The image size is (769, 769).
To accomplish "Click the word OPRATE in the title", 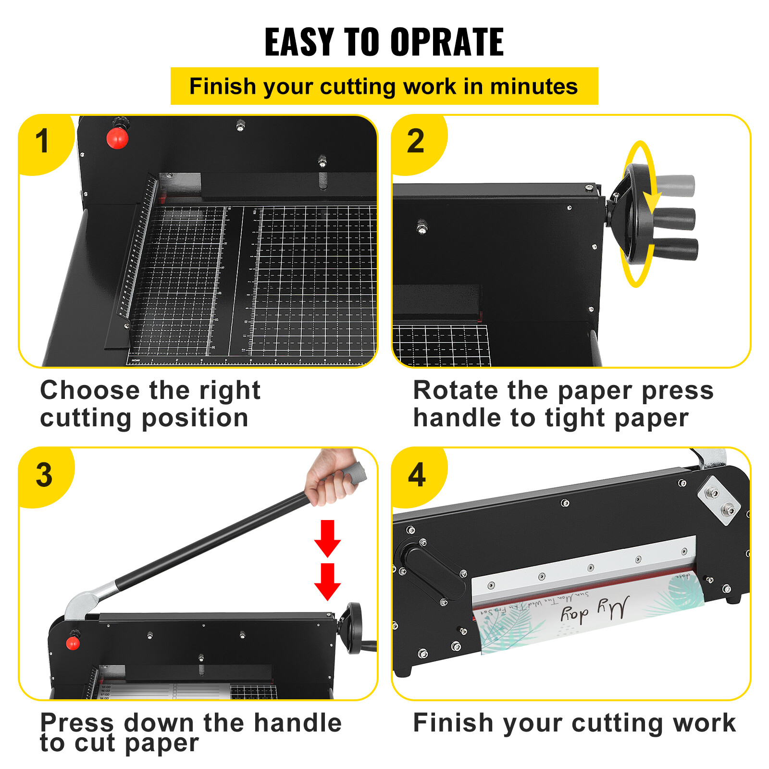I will point(447,42).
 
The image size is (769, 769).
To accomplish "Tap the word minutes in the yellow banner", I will point(533,87).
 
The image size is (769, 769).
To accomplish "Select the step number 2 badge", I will point(416,141).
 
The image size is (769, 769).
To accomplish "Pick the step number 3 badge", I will point(44,475).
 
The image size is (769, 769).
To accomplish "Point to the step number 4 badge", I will point(417,475).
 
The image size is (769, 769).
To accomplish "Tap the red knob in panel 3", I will point(73,643).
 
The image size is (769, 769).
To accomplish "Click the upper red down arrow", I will point(327,539).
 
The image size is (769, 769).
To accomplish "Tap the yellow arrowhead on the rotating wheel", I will point(652,202).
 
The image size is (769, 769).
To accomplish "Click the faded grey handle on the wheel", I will point(675,186).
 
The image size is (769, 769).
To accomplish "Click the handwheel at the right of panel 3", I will point(354,627).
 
